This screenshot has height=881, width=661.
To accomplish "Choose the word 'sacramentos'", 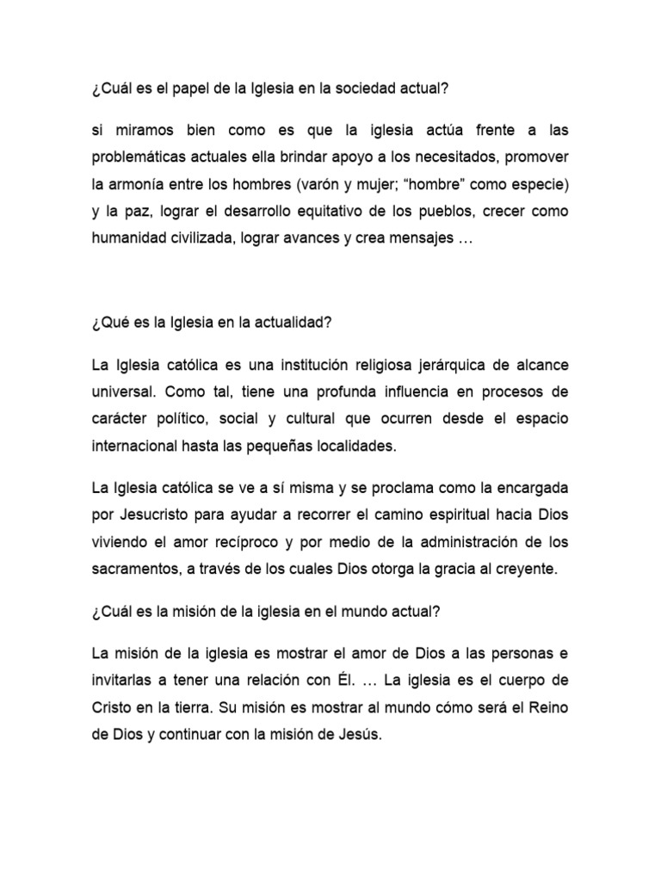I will (135, 569).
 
